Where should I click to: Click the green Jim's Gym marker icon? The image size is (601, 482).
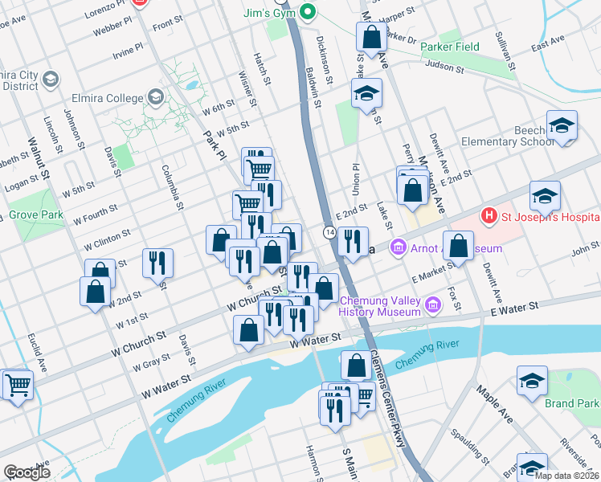306,12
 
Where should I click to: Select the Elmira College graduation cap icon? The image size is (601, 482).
155,98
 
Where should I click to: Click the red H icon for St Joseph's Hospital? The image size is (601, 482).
487,216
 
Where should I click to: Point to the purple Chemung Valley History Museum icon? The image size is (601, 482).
433,304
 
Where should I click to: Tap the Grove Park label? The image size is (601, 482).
35,215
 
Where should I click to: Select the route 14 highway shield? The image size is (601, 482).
330,232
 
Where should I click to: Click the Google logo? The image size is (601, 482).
27,472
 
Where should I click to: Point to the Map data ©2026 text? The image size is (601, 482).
566,476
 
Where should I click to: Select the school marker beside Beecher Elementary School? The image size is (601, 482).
562,126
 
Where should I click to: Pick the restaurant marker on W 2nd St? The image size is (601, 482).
157,262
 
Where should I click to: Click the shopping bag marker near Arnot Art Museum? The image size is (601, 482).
458,247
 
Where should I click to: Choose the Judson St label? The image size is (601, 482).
445,67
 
